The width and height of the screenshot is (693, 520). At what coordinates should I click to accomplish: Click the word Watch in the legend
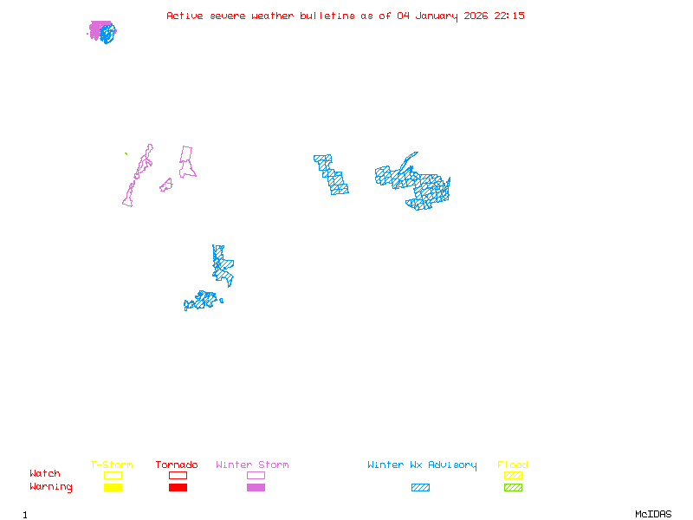(x=45, y=474)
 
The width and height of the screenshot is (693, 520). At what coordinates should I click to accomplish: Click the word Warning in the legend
(x=51, y=487)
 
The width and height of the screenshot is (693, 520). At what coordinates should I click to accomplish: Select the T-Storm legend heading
(x=112, y=465)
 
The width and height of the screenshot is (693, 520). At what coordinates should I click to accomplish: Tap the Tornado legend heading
(x=177, y=465)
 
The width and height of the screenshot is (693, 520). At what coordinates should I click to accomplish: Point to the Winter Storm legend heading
(x=252, y=465)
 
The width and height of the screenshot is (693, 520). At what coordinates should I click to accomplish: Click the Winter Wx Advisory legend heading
(x=422, y=465)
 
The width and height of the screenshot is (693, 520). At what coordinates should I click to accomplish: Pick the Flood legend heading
(x=513, y=465)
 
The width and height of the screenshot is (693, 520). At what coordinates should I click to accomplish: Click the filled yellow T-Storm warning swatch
(x=113, y=488)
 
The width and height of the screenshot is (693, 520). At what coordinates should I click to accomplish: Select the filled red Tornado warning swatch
(x=178, y=488)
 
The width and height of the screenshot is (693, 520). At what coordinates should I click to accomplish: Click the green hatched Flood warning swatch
(x=513, y=488)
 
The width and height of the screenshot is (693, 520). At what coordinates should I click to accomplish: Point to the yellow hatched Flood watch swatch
(x=513, y=476)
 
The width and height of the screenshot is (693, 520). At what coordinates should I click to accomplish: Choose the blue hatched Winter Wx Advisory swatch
(x=420, y=488)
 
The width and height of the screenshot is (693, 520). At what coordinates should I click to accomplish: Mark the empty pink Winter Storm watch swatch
(x=256, y=476)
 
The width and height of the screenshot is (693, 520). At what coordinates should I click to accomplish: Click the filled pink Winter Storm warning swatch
(x=256, y=488)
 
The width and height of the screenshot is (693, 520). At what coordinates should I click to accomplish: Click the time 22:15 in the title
(x=509, y=16)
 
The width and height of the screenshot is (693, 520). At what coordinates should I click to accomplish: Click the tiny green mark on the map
(x=126, y=154)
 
